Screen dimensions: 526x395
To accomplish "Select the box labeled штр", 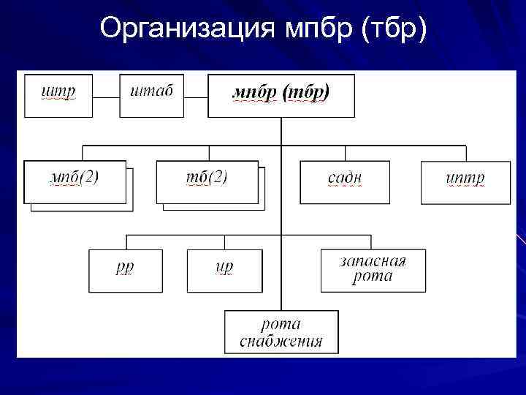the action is coord(58,96).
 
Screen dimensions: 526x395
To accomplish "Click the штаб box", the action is coord(151,96).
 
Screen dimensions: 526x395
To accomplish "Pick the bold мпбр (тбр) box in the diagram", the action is coord(281,96).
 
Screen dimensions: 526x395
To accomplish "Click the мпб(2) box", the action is coord(75,181).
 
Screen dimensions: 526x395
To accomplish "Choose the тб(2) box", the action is coord(207,181).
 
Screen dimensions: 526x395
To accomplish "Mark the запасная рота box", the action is coord(373,270).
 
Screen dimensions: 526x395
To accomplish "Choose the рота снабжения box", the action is coord(281,333).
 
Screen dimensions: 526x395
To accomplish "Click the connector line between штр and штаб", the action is coord(106,97).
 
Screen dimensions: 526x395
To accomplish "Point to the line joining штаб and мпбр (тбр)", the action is coord(196,97).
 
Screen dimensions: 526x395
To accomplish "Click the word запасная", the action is coord(373,262).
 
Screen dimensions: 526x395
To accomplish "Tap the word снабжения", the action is coord(281,341).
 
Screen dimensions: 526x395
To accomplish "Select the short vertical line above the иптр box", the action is coord(465,153).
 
